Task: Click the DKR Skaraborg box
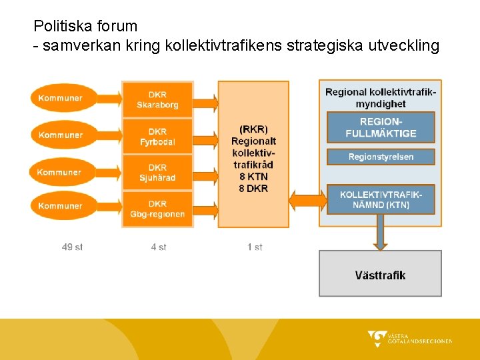click(x=157, y=99)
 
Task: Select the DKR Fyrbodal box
click(x=157, y=136)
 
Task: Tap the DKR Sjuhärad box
click(x=157, y=173)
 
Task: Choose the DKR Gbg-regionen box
click(x=157, y=209)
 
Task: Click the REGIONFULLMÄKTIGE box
click(x=381, y=127)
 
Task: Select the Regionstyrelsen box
click(x=381, y=157)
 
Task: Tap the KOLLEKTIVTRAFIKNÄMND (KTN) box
click(x=381, y=199)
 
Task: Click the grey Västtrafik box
click(x=380, y=274)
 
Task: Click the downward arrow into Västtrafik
click(x=380, y=233)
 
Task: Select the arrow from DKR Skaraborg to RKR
click(x=205, y=102)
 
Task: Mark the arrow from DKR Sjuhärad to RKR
click(x=205, y=176)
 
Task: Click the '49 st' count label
click(x=72, y=247)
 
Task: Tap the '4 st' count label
click(x=159, y=247)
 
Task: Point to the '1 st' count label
click(x=255, y=247)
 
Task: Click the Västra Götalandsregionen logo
click(x=409, y=339)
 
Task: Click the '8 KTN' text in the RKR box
click(x=253, y=177)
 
